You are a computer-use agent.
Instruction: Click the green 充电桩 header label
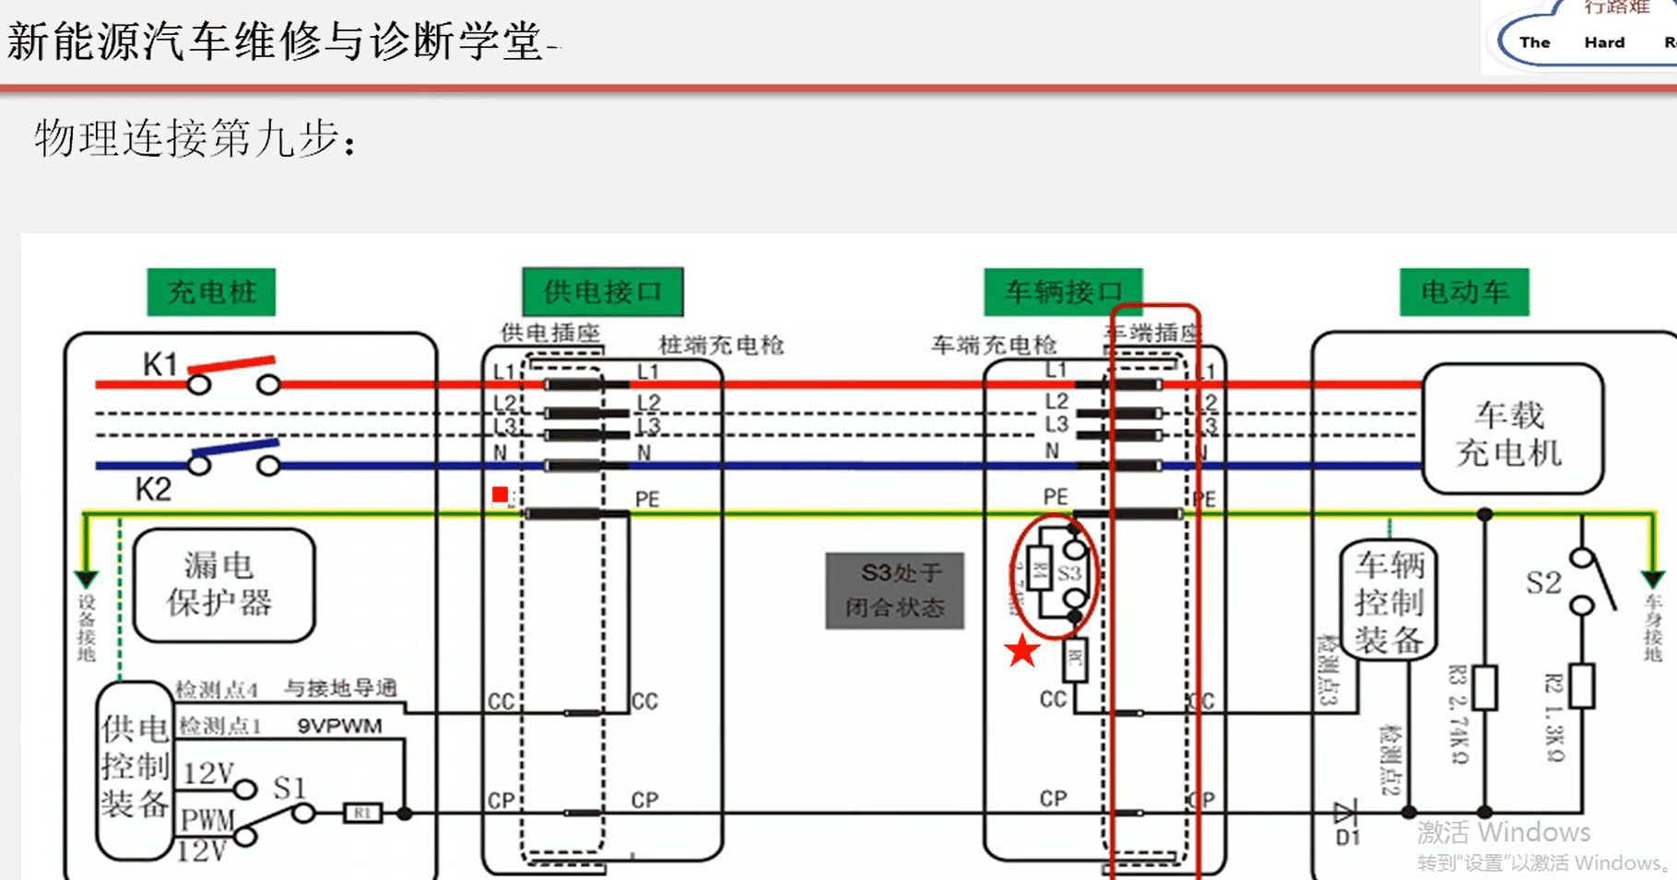(x=211, y=292)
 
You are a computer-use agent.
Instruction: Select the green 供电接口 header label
(x=602, y=292)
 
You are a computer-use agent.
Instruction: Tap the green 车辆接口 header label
(x=1063, y=292)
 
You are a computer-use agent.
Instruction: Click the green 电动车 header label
(x=1464, y=292)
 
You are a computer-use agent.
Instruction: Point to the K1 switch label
(x=159, y=365)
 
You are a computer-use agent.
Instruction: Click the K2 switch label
(x=153, y=489)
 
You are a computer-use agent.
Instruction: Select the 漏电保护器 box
(x=223, y=584)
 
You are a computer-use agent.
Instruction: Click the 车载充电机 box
(x=1511, y=430)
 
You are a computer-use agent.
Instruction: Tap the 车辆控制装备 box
(x=1389, y=601)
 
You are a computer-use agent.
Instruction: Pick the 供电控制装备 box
(x=134, y=768)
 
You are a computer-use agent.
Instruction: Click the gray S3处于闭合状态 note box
(x=894, y=591)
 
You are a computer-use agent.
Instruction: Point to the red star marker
(x=1022, y=651)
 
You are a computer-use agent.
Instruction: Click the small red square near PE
(x=500, y=495)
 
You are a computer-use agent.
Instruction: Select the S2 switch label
(x=1542, y=582)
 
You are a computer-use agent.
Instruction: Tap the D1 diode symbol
(x=1345, y=813)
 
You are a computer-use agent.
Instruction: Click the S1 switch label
(x=289, y=788)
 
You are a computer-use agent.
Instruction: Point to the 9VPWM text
(x=339, y=726)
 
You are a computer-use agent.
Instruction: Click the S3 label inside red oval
(x=1069, y=573)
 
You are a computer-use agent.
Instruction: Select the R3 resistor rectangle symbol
(x=1484, y=687)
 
